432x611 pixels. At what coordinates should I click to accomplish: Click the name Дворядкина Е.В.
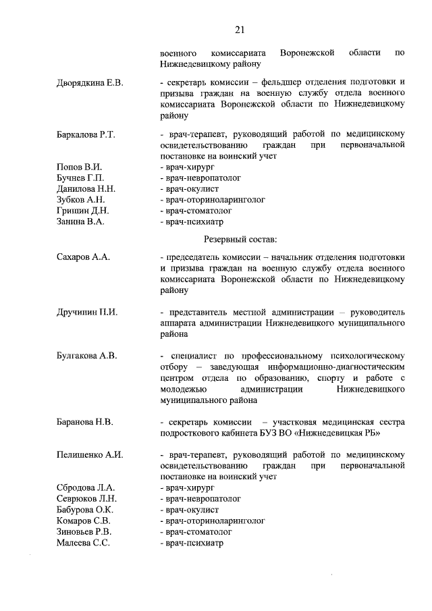point(90,83)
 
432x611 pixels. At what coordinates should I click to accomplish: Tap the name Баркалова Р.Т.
point(86,135)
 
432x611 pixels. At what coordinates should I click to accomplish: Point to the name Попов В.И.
point(79,167)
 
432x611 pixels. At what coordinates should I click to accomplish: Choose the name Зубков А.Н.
point(81,200)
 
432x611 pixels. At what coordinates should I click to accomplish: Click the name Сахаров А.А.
point(83,257)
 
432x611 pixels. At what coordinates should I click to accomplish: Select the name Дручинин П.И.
point(87,312)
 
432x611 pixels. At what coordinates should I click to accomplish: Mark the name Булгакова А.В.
point(87,356)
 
